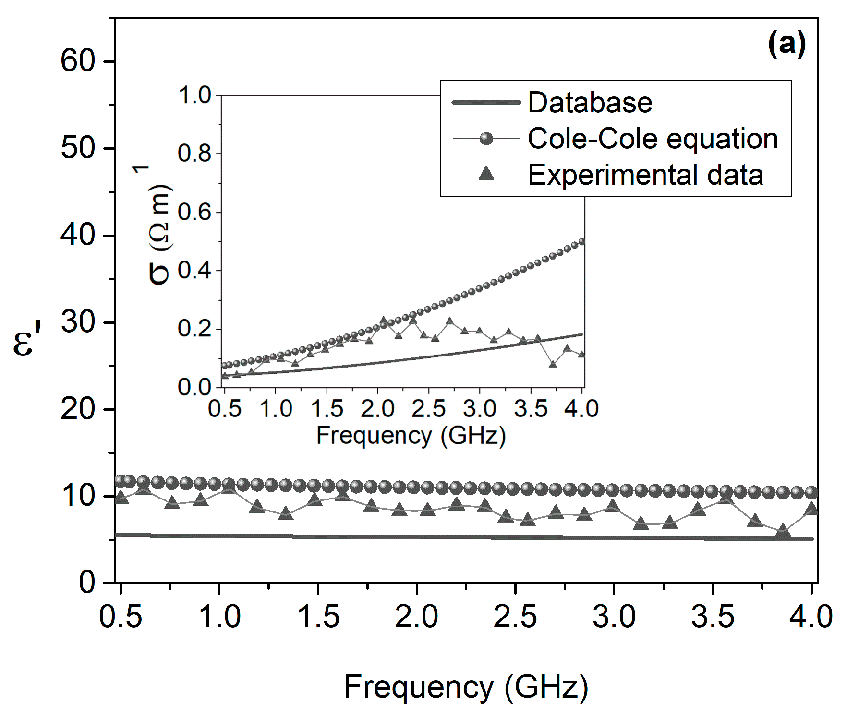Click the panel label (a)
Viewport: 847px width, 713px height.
(x=786, y=44)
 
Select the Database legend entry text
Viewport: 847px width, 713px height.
(x=590, y=102)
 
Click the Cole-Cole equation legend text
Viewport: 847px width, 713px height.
(x=653, y=139)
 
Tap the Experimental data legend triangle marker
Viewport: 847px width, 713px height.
(x=486, y=173)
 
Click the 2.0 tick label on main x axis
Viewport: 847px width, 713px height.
(x=416, y=617)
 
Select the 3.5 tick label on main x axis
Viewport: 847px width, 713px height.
(x=712, y=617)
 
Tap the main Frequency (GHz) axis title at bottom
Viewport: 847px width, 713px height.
(x=466, y=687)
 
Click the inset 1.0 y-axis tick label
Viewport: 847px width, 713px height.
(x=194, y=95)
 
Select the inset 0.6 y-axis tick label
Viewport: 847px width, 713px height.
(x=194, y=212)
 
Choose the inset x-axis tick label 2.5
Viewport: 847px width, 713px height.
(x=428, y=409)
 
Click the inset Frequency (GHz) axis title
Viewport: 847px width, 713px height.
(x=411, y=436)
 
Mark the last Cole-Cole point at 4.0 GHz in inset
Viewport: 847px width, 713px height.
(x=581, y=242)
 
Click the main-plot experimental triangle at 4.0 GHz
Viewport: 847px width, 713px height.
(x=811, y=509)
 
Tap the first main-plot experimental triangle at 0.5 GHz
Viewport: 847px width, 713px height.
(x=121, y=498)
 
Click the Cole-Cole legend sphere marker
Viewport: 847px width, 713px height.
(x=486, y=139)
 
